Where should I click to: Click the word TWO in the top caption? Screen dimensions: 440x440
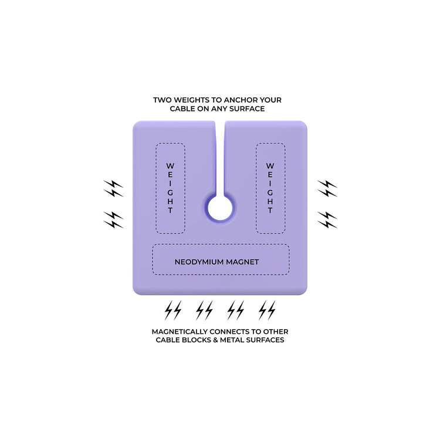[x=162, y=100]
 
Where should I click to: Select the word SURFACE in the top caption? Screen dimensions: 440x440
[x=247, y=109]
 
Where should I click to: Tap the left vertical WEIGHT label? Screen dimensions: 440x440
[x=170, y=188]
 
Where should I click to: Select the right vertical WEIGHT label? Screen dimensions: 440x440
[x=270, y=188]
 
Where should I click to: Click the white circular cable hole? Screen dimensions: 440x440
[x=220, y=208]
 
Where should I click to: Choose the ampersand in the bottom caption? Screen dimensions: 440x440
[x=223, y=340]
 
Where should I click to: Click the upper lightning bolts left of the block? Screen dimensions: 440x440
[x=113, y=188]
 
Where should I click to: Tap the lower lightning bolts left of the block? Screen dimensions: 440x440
[x=113, y=220]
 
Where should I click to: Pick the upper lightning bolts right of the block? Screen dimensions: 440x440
[x=327, y=188]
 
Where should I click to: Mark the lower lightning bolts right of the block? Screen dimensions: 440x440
[x=327, y=220]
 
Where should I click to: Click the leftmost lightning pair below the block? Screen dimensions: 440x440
[x=173, y=310]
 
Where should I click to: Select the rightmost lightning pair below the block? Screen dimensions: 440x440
[x=267, y=310]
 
